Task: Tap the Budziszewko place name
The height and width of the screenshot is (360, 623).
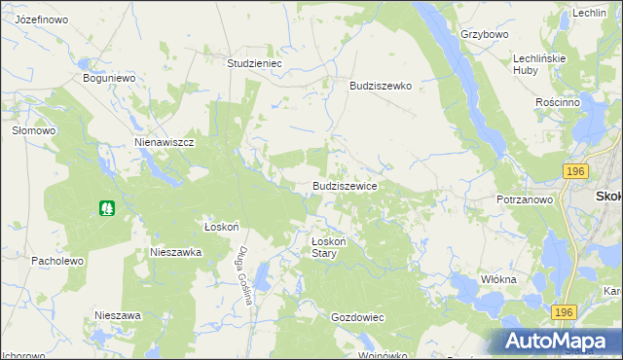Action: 381,86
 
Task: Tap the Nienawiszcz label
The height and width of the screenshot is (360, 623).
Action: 165,141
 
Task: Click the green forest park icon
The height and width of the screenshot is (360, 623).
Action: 106,207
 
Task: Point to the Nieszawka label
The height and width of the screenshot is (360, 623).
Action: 175,251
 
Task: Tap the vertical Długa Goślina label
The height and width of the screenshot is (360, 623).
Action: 243,275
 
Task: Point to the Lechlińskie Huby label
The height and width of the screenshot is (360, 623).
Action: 539,64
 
